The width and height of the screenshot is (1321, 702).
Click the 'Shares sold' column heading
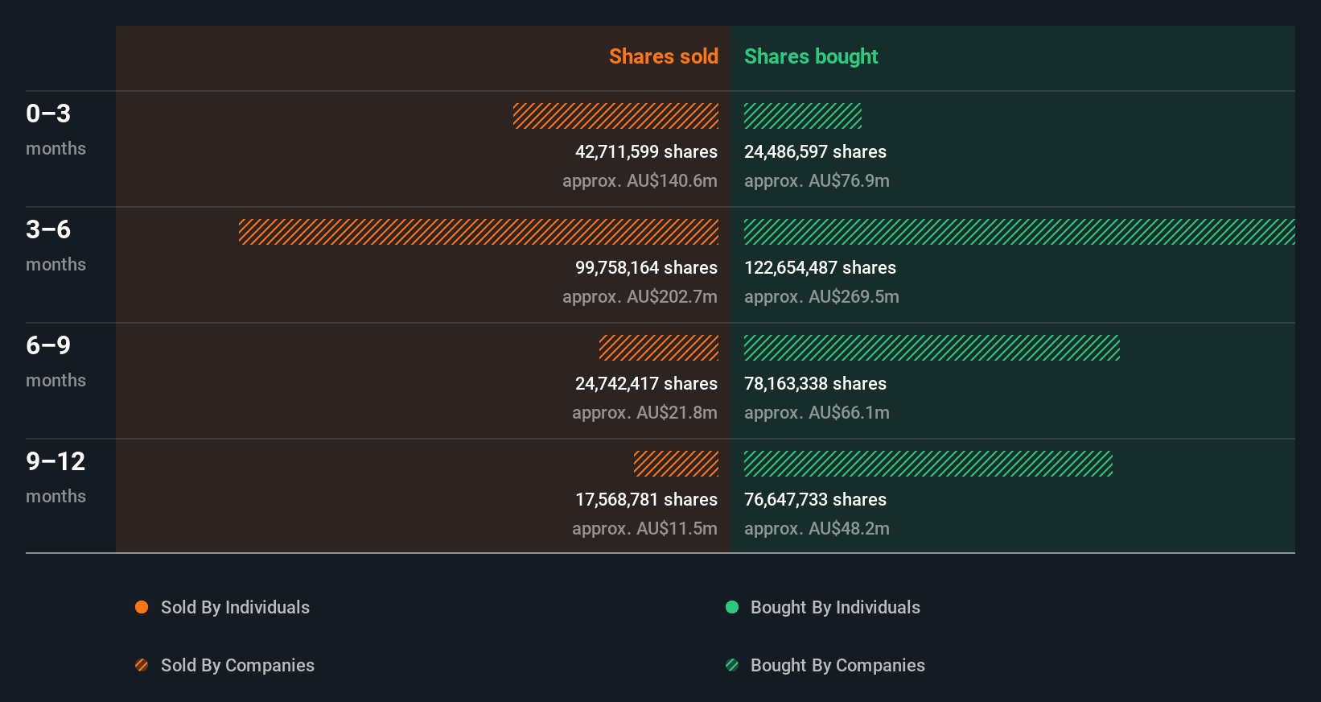point(663,56)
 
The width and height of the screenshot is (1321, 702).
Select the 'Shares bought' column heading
point(810,56)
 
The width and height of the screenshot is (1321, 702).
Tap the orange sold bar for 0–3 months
point(615,116)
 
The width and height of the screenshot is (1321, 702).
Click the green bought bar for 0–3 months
point(802,116)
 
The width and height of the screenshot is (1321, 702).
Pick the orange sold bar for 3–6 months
point(479,232)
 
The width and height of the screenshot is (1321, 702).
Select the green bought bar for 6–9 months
point(932,348)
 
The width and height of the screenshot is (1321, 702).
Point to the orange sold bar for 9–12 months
point(676,464)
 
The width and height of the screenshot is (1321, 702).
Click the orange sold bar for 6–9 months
point(659,348)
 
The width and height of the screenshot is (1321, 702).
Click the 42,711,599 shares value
point(646,151)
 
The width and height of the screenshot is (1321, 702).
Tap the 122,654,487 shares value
point(820,267)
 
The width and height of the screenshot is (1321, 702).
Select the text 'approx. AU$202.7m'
point(640,296)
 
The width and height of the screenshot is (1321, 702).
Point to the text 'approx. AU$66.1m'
point(817,412)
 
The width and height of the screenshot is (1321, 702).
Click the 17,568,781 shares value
point(646,499)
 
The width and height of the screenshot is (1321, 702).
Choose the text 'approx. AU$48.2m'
point(817,528)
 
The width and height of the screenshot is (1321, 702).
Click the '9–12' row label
point(56,461)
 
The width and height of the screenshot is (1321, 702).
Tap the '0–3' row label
point(48,114)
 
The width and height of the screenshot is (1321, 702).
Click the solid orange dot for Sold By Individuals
point(142,607)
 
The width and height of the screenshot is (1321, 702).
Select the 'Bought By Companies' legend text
point(837,665)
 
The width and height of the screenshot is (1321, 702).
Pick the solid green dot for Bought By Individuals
point(732,607)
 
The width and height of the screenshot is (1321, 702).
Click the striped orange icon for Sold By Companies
point(142,665)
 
